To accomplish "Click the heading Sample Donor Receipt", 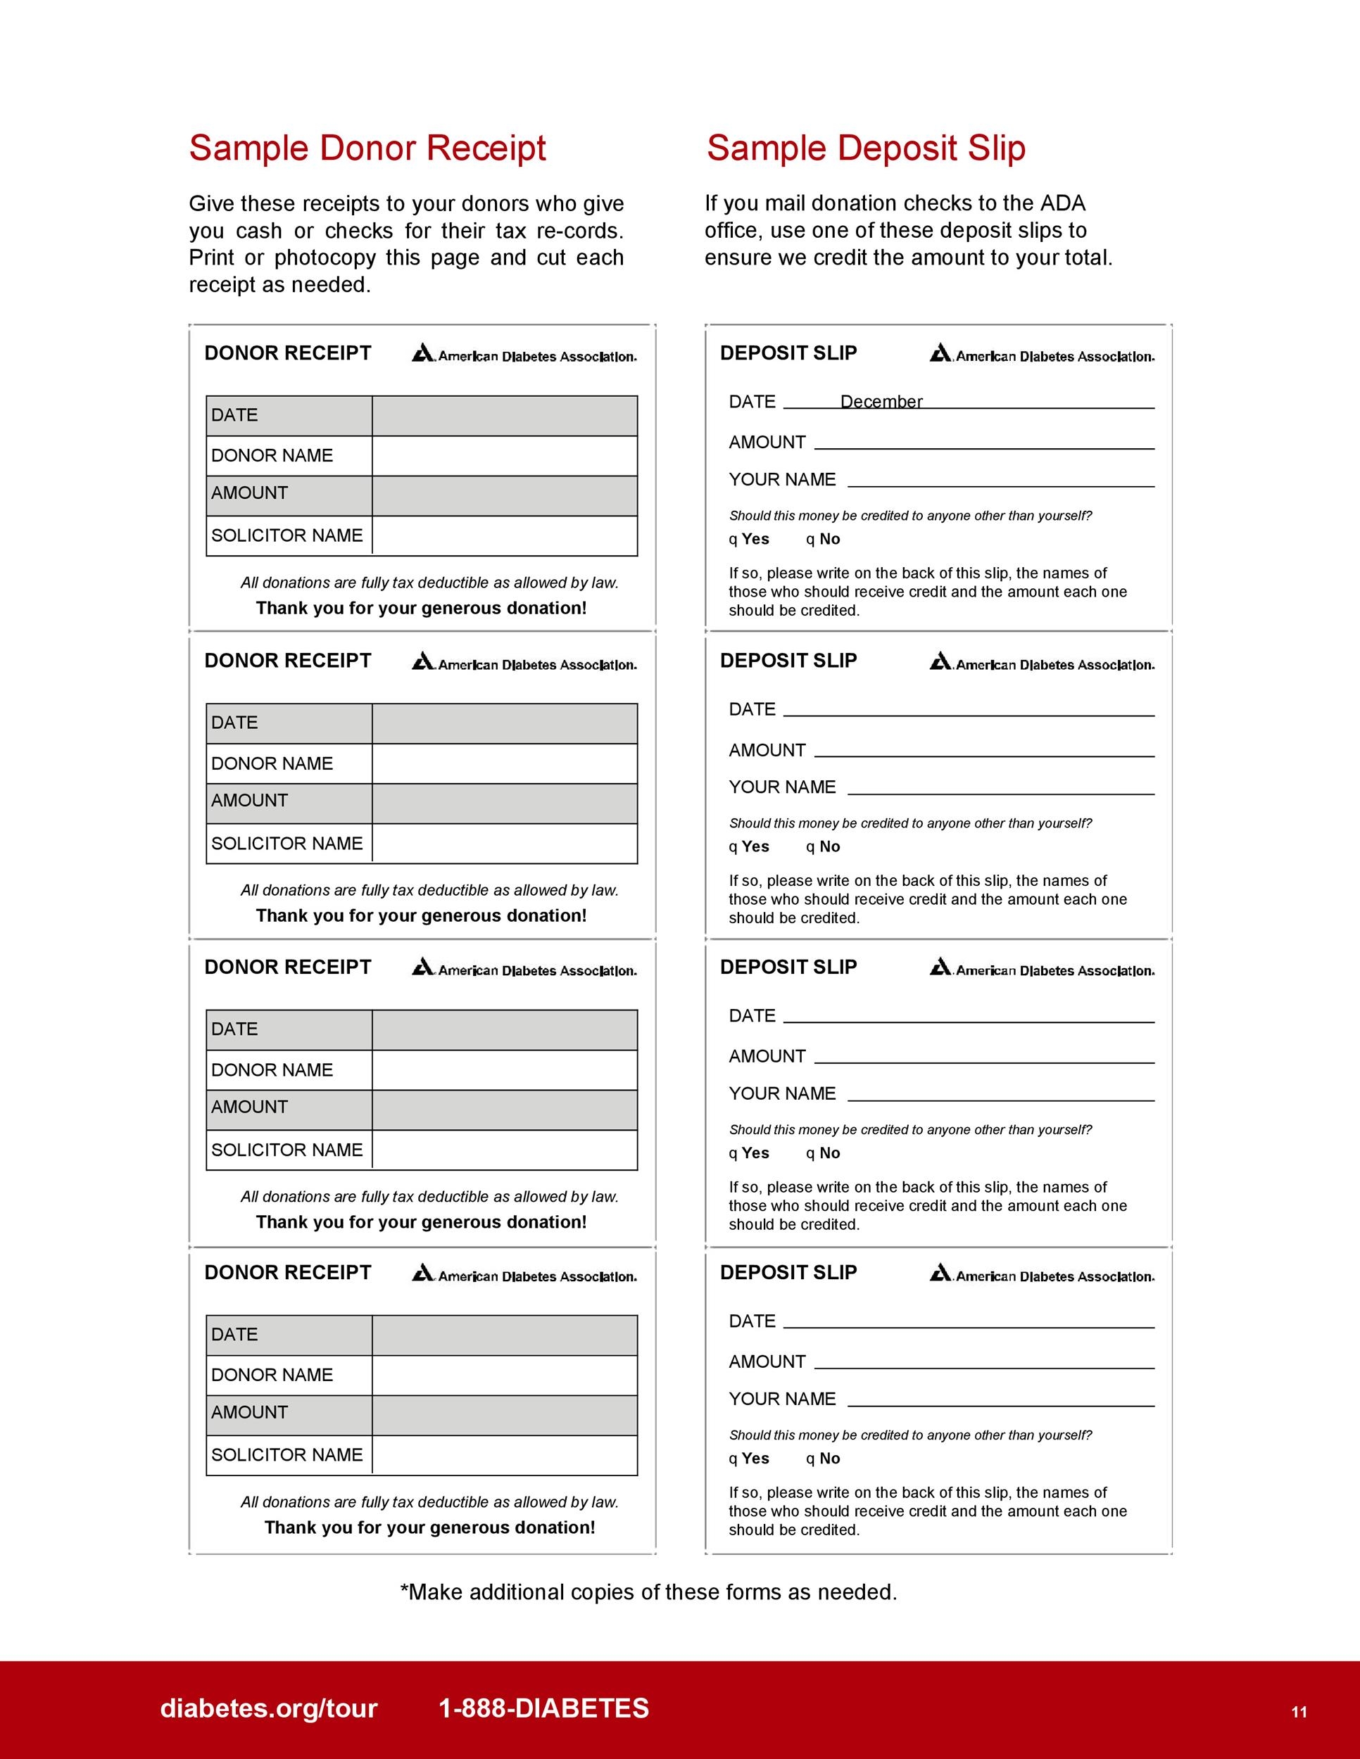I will click(367, 148).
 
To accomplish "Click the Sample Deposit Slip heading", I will click(865, 148).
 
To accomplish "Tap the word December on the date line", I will click(881, 401).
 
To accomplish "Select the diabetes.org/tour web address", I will click(269, 1708).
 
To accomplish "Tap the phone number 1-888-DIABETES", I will click(544, 1708).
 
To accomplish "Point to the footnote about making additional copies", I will click(648, 1592).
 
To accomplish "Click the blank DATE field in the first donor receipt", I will click(504, 416).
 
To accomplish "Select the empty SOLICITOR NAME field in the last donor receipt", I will click(504, 1455).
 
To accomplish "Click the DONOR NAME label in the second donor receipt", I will click(272, 763).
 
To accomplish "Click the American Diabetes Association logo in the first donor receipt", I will click(524, 355).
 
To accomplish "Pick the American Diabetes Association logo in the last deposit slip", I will click(1042, 1275).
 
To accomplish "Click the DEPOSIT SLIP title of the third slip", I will click(788, 967).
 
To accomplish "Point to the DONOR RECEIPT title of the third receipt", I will click(288, 967).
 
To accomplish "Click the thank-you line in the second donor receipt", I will click(422, 916).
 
